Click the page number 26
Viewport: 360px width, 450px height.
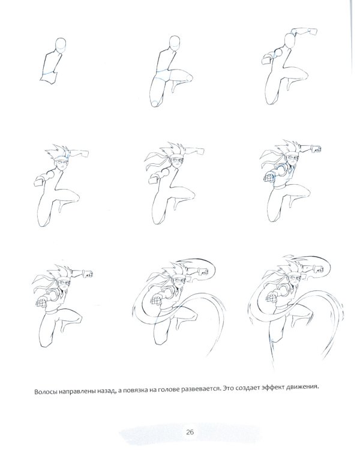pos(190,432)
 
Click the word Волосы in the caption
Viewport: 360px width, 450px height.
pos(46,391)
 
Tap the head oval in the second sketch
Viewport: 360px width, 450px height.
pos(175,43)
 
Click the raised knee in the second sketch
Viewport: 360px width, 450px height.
pos(187,77)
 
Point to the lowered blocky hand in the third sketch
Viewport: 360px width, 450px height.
pos(267,60)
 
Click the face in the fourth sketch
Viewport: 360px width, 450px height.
pos(61,165)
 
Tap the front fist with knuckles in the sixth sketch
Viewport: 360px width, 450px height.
pos(269,178)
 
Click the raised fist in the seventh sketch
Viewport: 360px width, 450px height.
pos(88,274)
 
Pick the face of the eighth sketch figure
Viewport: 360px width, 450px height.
pos(178,281)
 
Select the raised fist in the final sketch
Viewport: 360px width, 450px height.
pos(318,269)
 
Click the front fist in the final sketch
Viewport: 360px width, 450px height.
pos(271,297)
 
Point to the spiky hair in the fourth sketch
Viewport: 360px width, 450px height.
pos(59,153)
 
